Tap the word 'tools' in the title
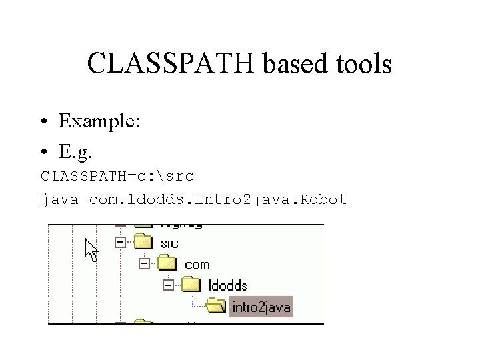365,64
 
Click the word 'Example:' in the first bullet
99,121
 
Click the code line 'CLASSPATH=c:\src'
117,177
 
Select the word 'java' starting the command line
59,199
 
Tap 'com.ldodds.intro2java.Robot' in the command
219,199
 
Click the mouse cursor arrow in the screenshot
91,249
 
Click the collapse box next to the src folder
120,243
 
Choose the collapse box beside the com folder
144,264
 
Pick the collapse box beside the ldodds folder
168,285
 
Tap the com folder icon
167,263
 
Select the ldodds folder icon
191,285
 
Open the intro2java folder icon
215,306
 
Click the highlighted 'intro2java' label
261,307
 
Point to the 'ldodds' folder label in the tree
228,286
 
